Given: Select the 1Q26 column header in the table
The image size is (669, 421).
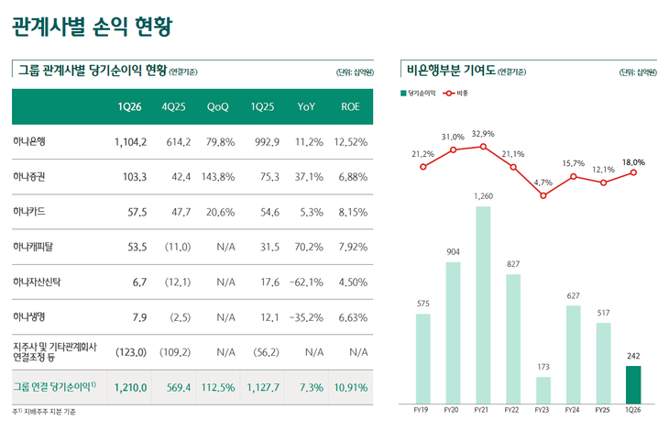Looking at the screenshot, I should click(129, 107).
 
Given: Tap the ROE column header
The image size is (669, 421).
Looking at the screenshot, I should click(350, 107).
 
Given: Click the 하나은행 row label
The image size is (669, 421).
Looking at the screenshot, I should click(29, 142).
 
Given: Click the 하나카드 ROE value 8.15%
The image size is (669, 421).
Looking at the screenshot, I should click(351, 212).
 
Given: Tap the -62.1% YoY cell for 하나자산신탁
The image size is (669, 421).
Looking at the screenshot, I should click(305, 283).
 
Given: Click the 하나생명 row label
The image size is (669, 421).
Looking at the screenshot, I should click(29, 317).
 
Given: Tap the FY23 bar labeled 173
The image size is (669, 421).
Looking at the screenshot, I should click(543, 391).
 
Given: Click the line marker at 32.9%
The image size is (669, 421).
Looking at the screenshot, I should click(483, 146).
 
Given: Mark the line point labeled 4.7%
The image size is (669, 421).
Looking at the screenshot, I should click(543, 195).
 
